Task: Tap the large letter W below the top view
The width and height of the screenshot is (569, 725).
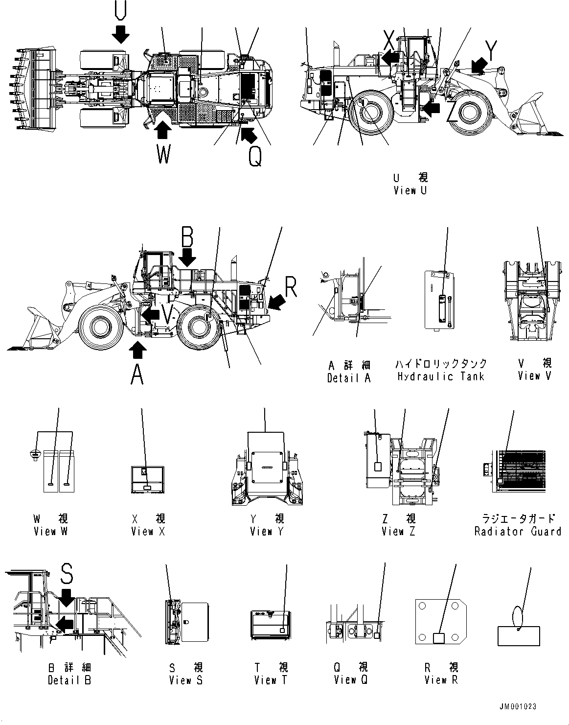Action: click(x=164, y=155)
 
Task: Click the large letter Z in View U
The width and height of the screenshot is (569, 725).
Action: click(x=453, y=113)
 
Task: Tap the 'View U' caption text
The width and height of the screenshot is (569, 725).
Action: click(x=410, y=190)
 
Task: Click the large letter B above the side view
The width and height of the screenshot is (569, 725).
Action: click(x=187, y=236)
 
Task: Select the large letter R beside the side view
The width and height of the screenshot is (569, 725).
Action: click(x=291, y=288)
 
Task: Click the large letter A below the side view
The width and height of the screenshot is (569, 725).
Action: click(x=137, y=375)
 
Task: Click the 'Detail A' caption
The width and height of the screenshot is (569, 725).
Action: click(x=349, y=377)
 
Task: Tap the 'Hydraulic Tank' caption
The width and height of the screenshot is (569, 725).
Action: click(x=440, y=376)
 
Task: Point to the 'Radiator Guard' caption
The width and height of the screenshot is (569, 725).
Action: click(x=518, y=531)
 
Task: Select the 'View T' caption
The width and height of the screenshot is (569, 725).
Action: click(x=272, y=680)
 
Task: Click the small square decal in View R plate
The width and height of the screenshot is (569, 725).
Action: click(x=439, y=637)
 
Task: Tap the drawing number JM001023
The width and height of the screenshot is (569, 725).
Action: click(x=518, y=706)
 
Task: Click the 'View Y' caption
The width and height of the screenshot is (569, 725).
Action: click(x=267, y=531)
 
